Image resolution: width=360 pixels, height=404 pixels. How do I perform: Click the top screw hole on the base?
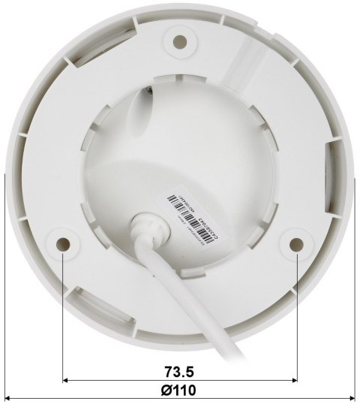point(179,41)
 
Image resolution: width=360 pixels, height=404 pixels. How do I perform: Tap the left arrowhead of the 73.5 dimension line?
point(67,381)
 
